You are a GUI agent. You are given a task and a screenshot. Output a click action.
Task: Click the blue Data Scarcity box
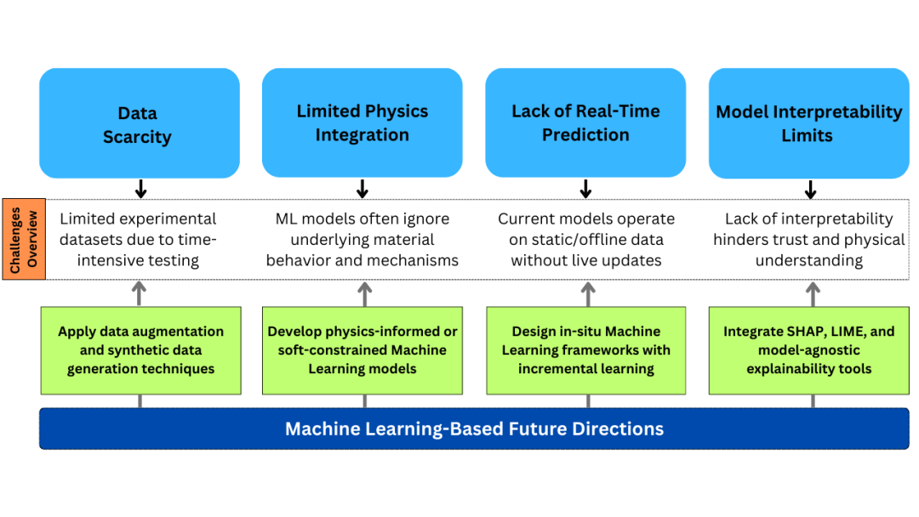pos(139,123)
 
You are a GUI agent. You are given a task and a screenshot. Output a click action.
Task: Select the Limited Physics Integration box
pos(362,122)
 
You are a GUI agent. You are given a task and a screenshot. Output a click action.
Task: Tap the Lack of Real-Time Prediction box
pos(585,122)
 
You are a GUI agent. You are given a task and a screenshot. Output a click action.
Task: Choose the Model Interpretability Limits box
pos(808,123)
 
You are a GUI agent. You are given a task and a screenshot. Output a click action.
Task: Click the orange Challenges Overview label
pos(24,239)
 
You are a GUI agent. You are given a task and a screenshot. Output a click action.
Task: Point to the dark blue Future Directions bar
pos(474,429)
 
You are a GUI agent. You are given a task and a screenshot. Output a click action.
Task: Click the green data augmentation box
pos(141,350)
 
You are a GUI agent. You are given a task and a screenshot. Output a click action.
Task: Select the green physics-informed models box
pos(362,350)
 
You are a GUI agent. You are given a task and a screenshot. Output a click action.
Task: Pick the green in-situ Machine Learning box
pos(586,350)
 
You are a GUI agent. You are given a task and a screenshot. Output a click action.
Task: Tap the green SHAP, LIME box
pos(809,350)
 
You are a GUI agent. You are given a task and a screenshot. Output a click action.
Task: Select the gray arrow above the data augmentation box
pos(140,293)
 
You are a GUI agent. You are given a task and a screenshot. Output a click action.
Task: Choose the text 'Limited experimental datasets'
pos(138,219)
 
